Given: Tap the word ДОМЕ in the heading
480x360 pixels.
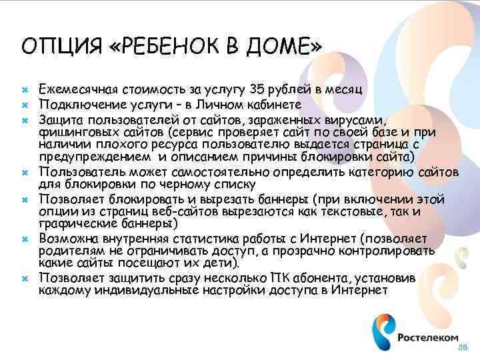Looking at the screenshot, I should coord(280,47).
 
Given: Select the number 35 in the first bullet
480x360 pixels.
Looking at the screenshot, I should coord(257,90).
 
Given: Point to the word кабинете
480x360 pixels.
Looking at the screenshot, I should coord(273,105).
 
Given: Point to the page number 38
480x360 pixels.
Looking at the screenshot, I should coord(464,349).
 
